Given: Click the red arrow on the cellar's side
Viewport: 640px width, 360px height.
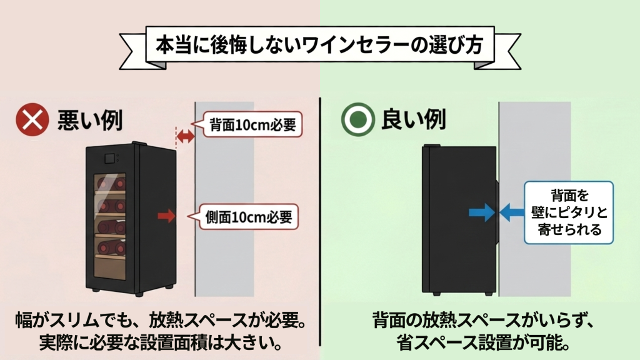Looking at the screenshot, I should pos(167,216).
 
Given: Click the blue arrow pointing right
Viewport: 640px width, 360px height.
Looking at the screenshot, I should pos(480,212).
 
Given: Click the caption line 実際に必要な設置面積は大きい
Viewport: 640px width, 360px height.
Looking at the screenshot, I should pos(160,342).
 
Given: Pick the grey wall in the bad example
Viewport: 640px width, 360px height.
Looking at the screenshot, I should pos(224,262).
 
